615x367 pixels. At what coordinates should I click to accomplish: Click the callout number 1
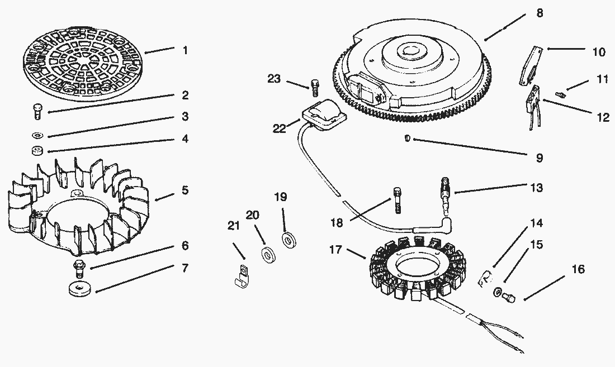coord(184,50)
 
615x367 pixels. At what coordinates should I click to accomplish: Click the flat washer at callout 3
coord(37,135)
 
